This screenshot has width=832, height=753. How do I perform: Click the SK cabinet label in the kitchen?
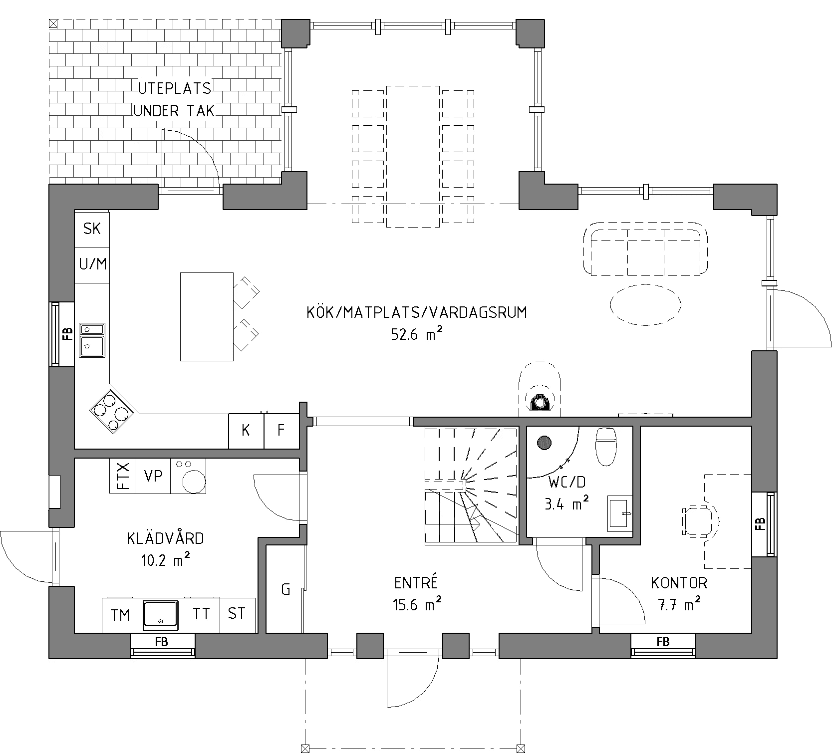(92, 229)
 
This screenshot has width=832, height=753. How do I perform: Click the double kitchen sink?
(92, 340)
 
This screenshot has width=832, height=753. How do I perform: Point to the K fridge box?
(246, 431)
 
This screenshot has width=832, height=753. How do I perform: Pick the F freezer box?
(281, 431)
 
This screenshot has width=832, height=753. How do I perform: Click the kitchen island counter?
(207, 316)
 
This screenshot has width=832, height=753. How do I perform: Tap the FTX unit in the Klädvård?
(122, 476)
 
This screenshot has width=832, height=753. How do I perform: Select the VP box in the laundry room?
(153, 476)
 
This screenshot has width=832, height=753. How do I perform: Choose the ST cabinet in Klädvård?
(237, 614)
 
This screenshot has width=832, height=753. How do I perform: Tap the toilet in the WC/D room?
(605, 446)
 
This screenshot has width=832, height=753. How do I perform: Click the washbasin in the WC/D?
(619, 513)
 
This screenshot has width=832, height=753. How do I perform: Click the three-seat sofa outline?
(645, 249)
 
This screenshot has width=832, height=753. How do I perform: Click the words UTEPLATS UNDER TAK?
(174, 100)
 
